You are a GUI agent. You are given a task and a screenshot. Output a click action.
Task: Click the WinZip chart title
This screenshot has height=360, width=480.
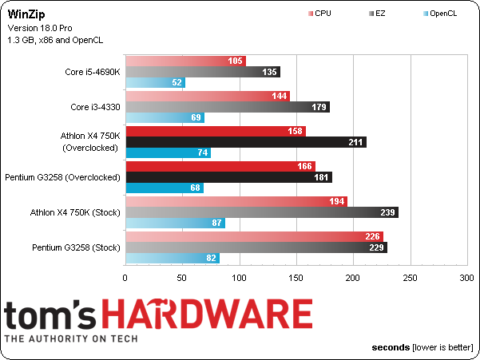[26, 14]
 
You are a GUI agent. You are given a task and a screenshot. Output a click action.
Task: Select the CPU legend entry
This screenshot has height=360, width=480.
[319, 14]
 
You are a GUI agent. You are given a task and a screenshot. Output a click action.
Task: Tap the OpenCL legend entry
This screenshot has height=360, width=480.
[440, 14]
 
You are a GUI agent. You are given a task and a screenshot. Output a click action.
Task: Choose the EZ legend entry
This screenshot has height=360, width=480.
[377, 14]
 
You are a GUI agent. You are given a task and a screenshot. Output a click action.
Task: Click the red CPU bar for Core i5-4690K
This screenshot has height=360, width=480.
[186, 61]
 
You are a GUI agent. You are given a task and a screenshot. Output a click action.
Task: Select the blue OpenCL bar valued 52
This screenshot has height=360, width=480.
[156, 82]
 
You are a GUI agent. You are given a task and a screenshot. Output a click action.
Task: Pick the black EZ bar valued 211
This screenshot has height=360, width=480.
[246, 142]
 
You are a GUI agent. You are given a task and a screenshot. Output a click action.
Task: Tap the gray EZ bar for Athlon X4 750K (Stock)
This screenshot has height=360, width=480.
[262, 212]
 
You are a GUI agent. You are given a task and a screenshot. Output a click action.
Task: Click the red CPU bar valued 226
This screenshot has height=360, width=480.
[255, 236]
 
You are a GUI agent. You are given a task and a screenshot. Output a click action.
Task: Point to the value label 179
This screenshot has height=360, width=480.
[319, 107]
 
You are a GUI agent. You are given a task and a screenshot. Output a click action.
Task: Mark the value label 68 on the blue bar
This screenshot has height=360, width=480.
[195, 188]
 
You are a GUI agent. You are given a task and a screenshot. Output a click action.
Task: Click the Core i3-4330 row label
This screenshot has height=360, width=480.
[95, 107]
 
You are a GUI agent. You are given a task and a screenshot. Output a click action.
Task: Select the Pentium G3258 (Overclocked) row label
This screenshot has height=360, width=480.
[62, 177]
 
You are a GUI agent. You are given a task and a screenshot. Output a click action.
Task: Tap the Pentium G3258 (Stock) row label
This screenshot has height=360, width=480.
[76, 247]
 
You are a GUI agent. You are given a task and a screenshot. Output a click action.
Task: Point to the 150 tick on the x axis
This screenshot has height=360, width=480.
[296, 278]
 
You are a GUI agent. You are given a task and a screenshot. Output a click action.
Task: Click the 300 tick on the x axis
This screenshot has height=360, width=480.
[466, 278]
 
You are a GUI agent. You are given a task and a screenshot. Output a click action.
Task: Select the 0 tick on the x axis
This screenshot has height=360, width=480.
[125, 278]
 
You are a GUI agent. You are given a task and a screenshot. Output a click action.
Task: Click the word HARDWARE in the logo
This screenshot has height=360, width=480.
[207, 314]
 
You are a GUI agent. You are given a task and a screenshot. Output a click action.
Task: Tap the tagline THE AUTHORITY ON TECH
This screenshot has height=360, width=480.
[71, 338]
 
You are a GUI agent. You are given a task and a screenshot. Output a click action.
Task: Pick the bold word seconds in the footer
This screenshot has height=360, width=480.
[391, 347]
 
